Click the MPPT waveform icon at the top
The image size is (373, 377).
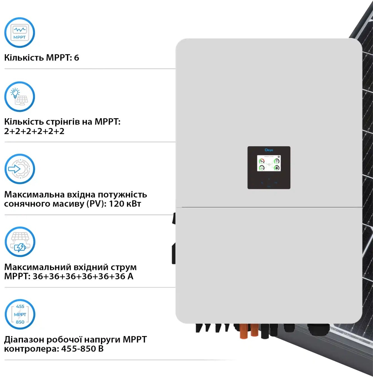(20, 33)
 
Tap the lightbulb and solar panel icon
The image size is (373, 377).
(20, 97)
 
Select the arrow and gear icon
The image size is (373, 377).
(20, 169)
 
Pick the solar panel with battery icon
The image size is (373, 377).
(20, 242)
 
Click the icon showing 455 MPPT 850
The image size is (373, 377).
(20, 314)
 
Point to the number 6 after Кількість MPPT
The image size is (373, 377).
(76, 58)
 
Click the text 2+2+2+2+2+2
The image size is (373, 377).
(34, 131)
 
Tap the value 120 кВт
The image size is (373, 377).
(125, 204)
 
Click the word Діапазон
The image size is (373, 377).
(24, 340)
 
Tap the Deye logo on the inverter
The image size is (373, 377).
(269, 150)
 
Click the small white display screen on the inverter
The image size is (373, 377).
(269, 163)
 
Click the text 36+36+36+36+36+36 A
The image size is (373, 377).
(83, 276)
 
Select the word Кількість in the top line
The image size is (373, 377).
(24, 58)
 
